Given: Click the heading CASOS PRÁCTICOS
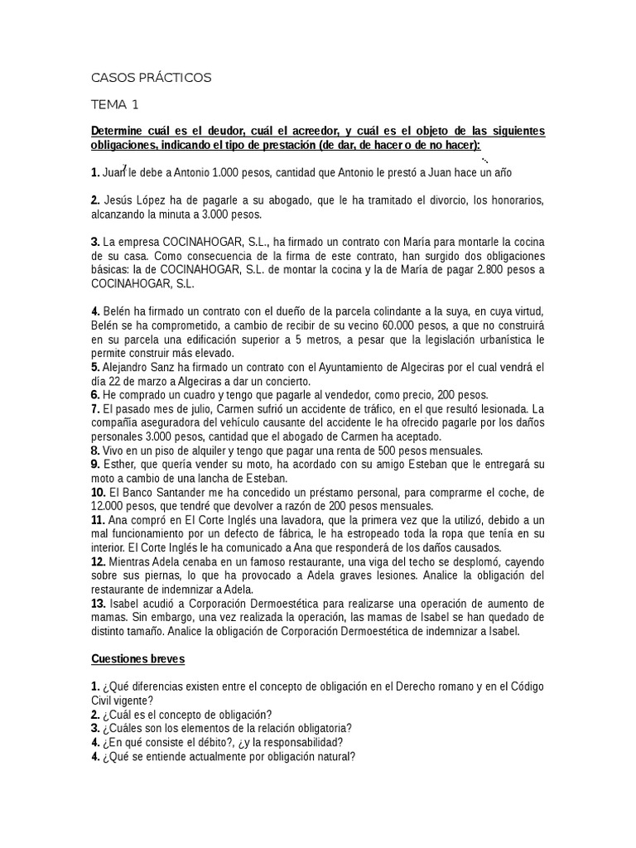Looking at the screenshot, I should tap(151, 78).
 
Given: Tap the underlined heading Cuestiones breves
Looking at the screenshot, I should tap(138, 659).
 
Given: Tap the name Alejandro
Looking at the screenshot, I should tap(128, 367).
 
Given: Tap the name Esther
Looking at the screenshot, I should tap(118, 465).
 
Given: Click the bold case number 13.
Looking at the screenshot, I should tap(99, 603).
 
